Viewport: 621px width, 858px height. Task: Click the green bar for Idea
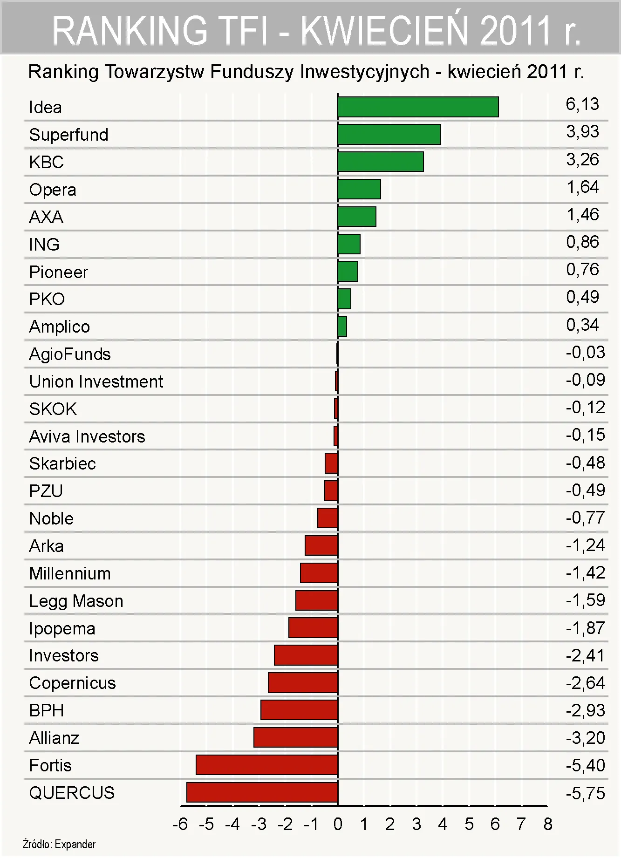pos(418,107)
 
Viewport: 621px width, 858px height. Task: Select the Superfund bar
pos(389,135)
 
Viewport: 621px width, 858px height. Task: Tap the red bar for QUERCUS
pos(262,792)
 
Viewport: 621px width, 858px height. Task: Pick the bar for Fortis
pos(267,765)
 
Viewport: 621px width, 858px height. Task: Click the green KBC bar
pos(381,162)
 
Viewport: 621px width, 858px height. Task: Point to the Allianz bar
pos(296,737)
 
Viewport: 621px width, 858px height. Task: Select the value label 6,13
pos(582,104)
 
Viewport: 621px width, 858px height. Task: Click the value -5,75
pos(585,793)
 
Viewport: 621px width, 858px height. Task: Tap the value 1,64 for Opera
pos(582,187)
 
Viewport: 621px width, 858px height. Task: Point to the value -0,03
pos(585,352)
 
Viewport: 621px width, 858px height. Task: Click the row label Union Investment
pos(96,381)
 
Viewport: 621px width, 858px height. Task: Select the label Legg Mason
pos(76,601)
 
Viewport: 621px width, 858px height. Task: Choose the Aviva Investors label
pos(87,436)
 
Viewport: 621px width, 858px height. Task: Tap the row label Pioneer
pos(58,272)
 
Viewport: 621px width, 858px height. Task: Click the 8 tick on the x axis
pos(548,824)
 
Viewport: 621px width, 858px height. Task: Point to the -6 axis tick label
pos(180,824)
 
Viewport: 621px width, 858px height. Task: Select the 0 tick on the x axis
pos(338,824)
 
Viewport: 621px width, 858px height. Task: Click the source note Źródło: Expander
pos(59,844)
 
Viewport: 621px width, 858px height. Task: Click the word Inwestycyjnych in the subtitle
pos(364,72)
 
